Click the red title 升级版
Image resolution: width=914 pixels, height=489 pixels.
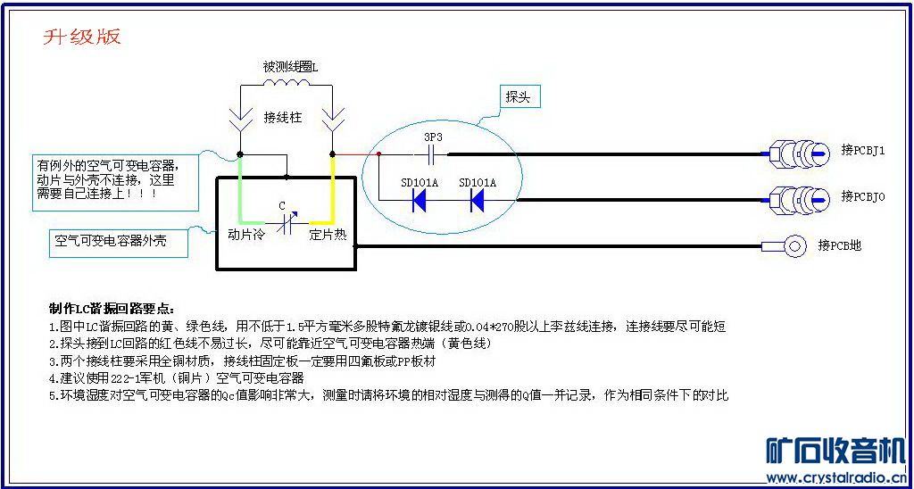coord(82,37)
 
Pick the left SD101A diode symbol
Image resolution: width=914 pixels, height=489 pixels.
coord(419,201)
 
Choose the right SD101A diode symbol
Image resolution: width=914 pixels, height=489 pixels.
coord(477,201)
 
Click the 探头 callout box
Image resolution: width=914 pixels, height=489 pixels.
coord(518,97)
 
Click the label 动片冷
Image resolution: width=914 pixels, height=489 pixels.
coord(245,236)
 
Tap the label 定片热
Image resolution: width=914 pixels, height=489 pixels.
coord(328,236)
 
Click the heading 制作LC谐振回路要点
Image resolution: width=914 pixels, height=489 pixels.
coord(112,308)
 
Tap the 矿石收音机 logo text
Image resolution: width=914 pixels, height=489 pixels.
coord(836,451)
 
